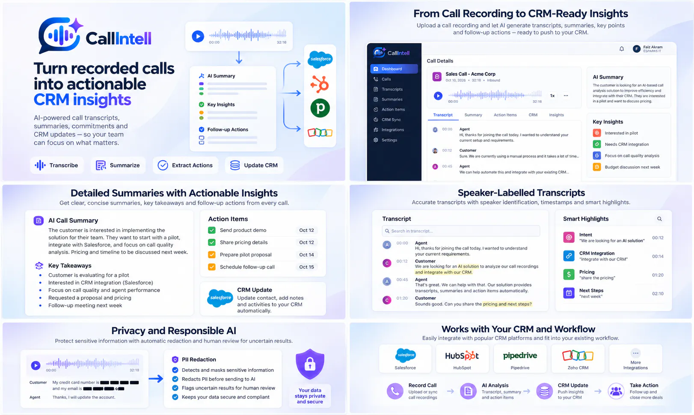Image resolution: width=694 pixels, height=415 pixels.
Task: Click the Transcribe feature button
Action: [57, 165]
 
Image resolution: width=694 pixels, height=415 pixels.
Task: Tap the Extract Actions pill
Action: [185, 165]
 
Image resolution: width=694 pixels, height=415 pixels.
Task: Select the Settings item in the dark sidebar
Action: [389, 140]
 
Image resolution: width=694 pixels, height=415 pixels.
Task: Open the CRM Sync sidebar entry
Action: [391, 119]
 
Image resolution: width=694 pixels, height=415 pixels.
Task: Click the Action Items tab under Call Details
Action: [505, 115]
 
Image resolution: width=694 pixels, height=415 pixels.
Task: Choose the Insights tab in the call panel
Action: [556, 115]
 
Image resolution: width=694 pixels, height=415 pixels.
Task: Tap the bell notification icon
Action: [622, 49]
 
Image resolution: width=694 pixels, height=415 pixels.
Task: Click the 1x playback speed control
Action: [552, 96]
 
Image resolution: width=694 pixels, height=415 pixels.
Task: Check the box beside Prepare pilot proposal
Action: [212, 255]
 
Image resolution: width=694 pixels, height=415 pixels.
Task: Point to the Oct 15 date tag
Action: [306, 267]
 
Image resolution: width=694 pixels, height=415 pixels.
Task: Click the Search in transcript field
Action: [461, 231]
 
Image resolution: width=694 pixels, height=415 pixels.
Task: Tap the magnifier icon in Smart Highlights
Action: [659, 219]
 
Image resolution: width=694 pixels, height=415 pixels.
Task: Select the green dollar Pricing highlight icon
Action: [569, 275]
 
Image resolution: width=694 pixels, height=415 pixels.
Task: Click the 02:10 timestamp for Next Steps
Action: [658, 293]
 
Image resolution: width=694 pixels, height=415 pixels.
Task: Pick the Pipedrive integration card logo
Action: [520, 355]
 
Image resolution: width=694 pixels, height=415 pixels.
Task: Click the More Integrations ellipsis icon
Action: [635, 353]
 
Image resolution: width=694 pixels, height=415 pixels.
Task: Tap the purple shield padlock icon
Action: [310, 364]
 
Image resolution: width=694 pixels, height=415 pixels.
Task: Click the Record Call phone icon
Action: [395, 391]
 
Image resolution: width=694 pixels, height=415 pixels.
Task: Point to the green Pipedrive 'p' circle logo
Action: [320, 108]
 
